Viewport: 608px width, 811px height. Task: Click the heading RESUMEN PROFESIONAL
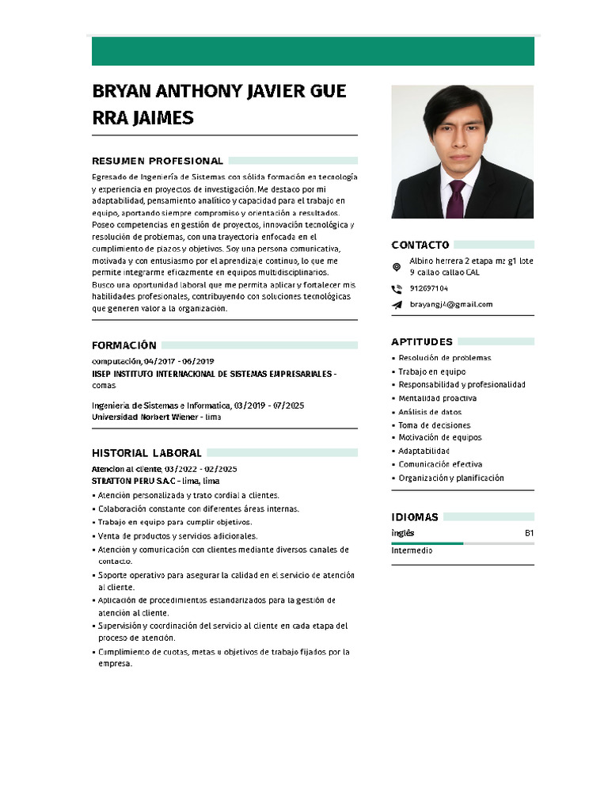(158, 161)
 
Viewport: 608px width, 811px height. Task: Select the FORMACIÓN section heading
(124, 345)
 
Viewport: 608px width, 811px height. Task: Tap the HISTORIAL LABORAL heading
(146, 453)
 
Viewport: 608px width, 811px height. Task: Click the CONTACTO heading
(420, 246)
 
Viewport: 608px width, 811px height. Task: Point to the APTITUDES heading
(422, 342)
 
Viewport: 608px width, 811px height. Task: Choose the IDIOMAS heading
(415, 517)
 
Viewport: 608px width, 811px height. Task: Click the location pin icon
(397, 267)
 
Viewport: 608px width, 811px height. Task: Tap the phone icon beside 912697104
(397, 289)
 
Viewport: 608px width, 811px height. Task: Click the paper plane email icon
(397, 305)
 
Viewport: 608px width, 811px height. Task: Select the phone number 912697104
(428, 289)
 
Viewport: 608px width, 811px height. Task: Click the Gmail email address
(450, 305)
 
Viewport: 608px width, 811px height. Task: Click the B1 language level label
(529, 534)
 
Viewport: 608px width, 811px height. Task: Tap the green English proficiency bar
(427, 543)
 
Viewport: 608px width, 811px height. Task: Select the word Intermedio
(412, 550)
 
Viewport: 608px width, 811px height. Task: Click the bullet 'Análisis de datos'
(430, 412)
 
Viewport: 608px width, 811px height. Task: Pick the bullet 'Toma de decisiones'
(434, 425)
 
